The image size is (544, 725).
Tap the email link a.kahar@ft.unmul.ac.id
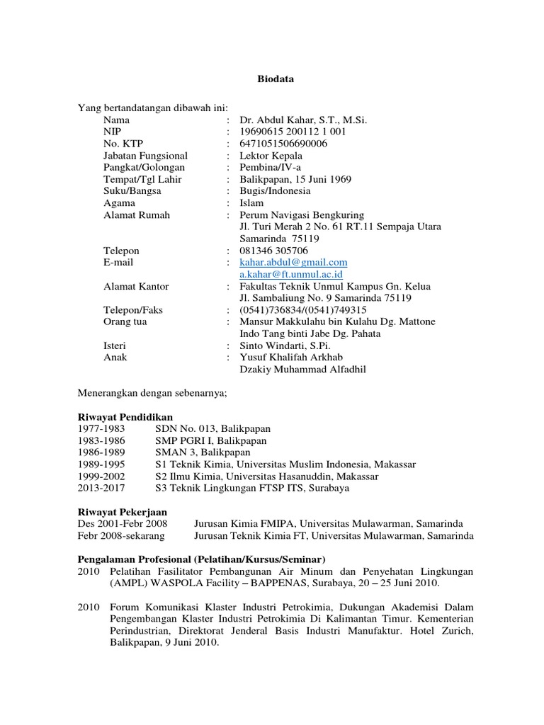pos(291,274)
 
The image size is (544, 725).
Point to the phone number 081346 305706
pos(274,251)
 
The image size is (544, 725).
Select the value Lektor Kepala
pos(271,156)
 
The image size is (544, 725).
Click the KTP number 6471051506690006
pos(284,144)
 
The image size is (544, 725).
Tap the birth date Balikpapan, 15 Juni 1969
pos(295,179)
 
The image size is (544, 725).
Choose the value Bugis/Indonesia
pos(275,191)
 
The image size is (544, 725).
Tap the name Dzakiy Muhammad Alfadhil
pos(303,369)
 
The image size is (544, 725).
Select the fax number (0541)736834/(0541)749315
pos(303,309)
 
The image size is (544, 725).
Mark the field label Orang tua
pos(125,321)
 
